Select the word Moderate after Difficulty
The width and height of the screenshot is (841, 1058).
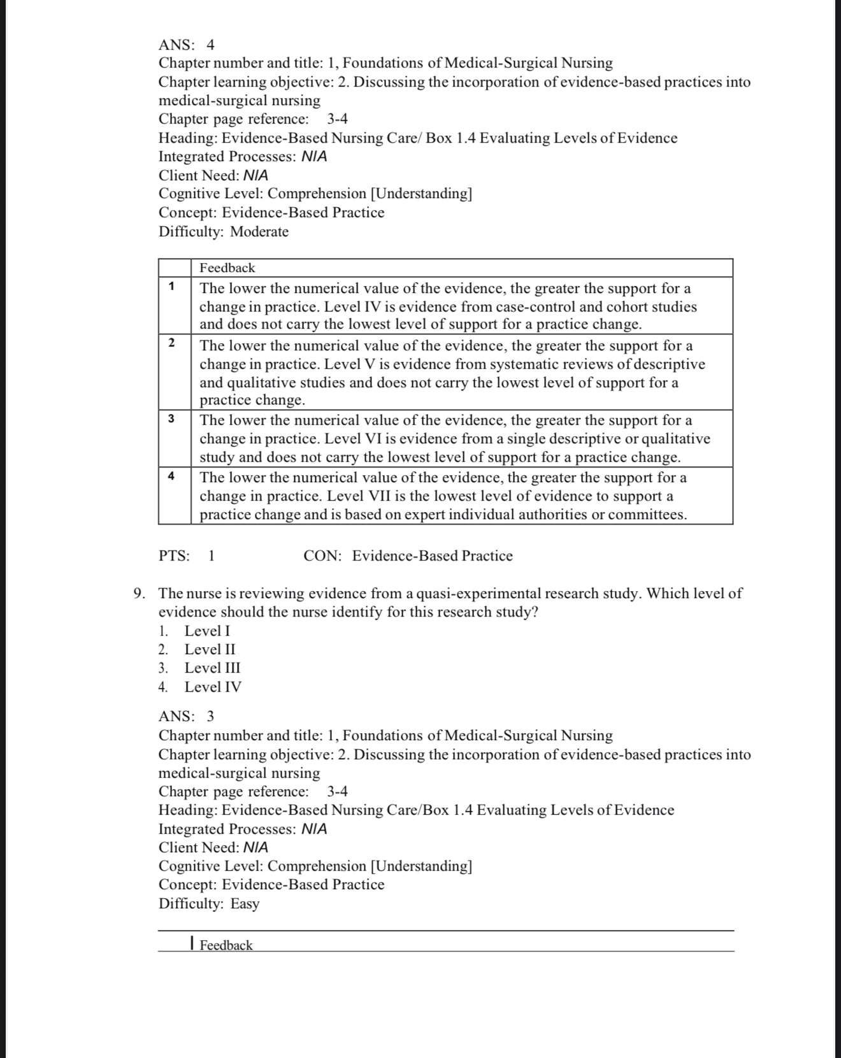[259, 231]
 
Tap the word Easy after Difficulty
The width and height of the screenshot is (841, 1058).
[245, 903]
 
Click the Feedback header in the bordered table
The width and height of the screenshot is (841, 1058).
[227, 268]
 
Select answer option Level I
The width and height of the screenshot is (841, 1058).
[208, 631]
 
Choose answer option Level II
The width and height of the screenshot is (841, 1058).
[210, 649]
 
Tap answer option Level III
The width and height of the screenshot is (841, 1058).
[212, 668]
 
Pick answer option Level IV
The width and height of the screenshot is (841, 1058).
[213, 687]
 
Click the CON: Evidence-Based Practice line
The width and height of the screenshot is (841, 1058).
[408, 556]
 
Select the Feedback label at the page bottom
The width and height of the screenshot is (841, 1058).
[226, 945]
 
